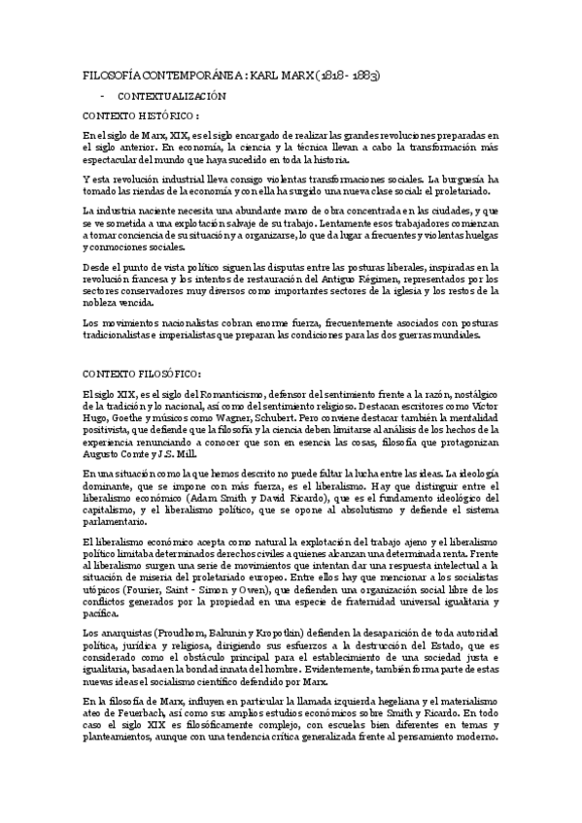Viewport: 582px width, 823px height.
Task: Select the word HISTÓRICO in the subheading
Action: (x=154, y=115)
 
